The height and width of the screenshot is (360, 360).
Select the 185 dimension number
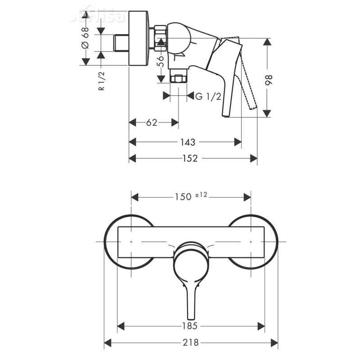point(191,325)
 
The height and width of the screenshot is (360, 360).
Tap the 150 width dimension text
point(182,197)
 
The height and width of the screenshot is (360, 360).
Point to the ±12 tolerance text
point(201,195)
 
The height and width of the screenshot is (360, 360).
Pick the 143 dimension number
point(188,142)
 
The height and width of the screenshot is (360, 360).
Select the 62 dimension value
point(152,122)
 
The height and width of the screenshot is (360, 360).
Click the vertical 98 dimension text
point(270,80)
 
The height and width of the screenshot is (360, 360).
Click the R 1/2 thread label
point(102,81)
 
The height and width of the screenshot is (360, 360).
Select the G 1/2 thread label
point(208,96)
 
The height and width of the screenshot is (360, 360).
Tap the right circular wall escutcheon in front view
point(270,242)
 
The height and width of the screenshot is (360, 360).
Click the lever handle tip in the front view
point(191,315)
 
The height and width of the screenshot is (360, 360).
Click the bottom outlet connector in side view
point(179,78)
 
